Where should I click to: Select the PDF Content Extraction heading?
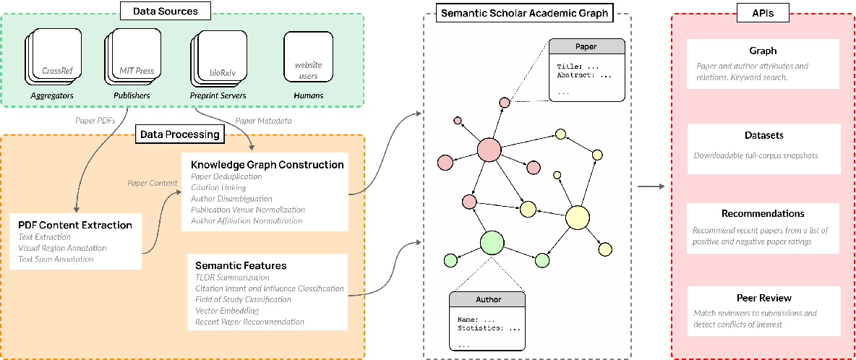coord(75,225)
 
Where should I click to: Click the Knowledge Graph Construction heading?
coord(267,165)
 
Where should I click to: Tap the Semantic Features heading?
coord(239,265)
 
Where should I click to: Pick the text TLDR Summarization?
coord(232,278)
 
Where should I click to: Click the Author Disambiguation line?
coord(231,198)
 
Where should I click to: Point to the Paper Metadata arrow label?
coord(263,121)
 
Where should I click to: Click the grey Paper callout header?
coord(586,47)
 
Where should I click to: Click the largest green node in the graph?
coord(492,241)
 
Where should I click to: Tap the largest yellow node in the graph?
coord(578,218)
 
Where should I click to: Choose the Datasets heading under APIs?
coord(763,135)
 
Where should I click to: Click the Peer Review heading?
coord(763,298)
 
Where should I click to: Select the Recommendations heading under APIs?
coord(763,214)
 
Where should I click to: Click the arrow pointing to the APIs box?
coord(651,187)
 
